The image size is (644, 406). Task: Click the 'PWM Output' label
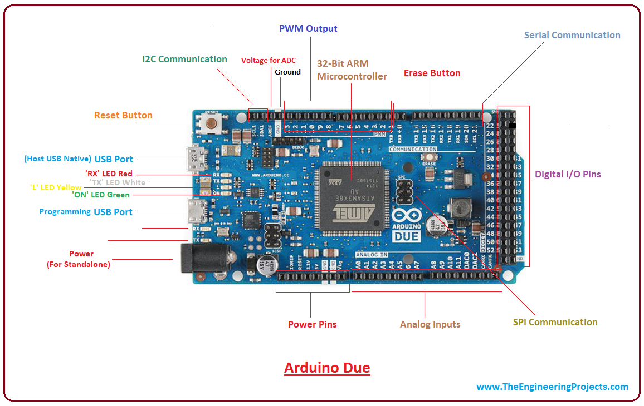point(308,28)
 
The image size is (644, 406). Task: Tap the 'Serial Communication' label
point(572,35)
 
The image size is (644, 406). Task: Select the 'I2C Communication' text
point(184,59)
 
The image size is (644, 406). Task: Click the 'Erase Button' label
point(432,73)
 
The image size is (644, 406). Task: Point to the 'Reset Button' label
point(123,115)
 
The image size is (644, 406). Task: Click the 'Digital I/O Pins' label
point(568,174)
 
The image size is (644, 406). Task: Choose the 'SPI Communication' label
point(555,322)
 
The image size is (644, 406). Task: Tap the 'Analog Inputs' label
point(430,324)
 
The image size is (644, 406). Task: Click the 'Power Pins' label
point(312,324)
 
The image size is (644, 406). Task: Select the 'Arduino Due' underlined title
point(327,368)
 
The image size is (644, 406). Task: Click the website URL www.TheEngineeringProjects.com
point(552,387)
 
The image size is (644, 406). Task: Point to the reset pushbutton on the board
point(212,123)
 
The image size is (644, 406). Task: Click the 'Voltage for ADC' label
point(268,61)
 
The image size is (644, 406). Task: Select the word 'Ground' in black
point(287,72)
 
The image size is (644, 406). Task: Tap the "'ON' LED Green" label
point(100,195)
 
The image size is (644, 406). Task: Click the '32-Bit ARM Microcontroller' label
point(352,70)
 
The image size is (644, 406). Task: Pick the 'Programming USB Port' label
point(86,212)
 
